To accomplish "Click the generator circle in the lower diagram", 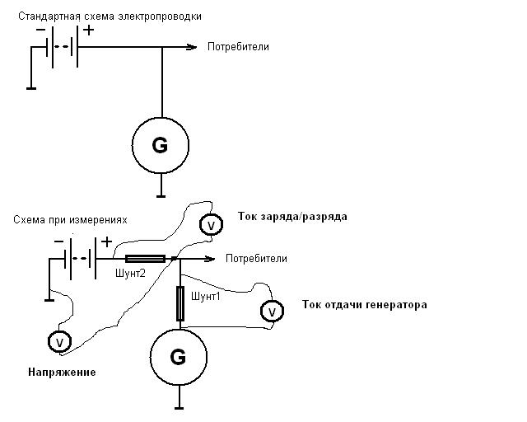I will click(178, 357).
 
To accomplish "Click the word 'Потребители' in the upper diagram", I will click(240, 47).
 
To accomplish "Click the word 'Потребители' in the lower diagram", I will click(256, 259).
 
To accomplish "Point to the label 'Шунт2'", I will click(130, 274).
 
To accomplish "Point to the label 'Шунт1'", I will click(205, 297).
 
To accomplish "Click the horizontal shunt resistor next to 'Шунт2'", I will click(145, 259).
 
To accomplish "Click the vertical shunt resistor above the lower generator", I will click(180, 302).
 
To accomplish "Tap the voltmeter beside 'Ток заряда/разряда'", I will click(210, 225).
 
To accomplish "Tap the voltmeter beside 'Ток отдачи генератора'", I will click(270, 312).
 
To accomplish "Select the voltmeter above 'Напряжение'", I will click(58, 340).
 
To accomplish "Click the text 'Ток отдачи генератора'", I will click(365, 305).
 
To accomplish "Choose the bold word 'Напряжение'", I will click(61, 373).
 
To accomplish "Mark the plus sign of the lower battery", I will click(106, 242).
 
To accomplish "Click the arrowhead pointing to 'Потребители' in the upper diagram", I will click(194, 47).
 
